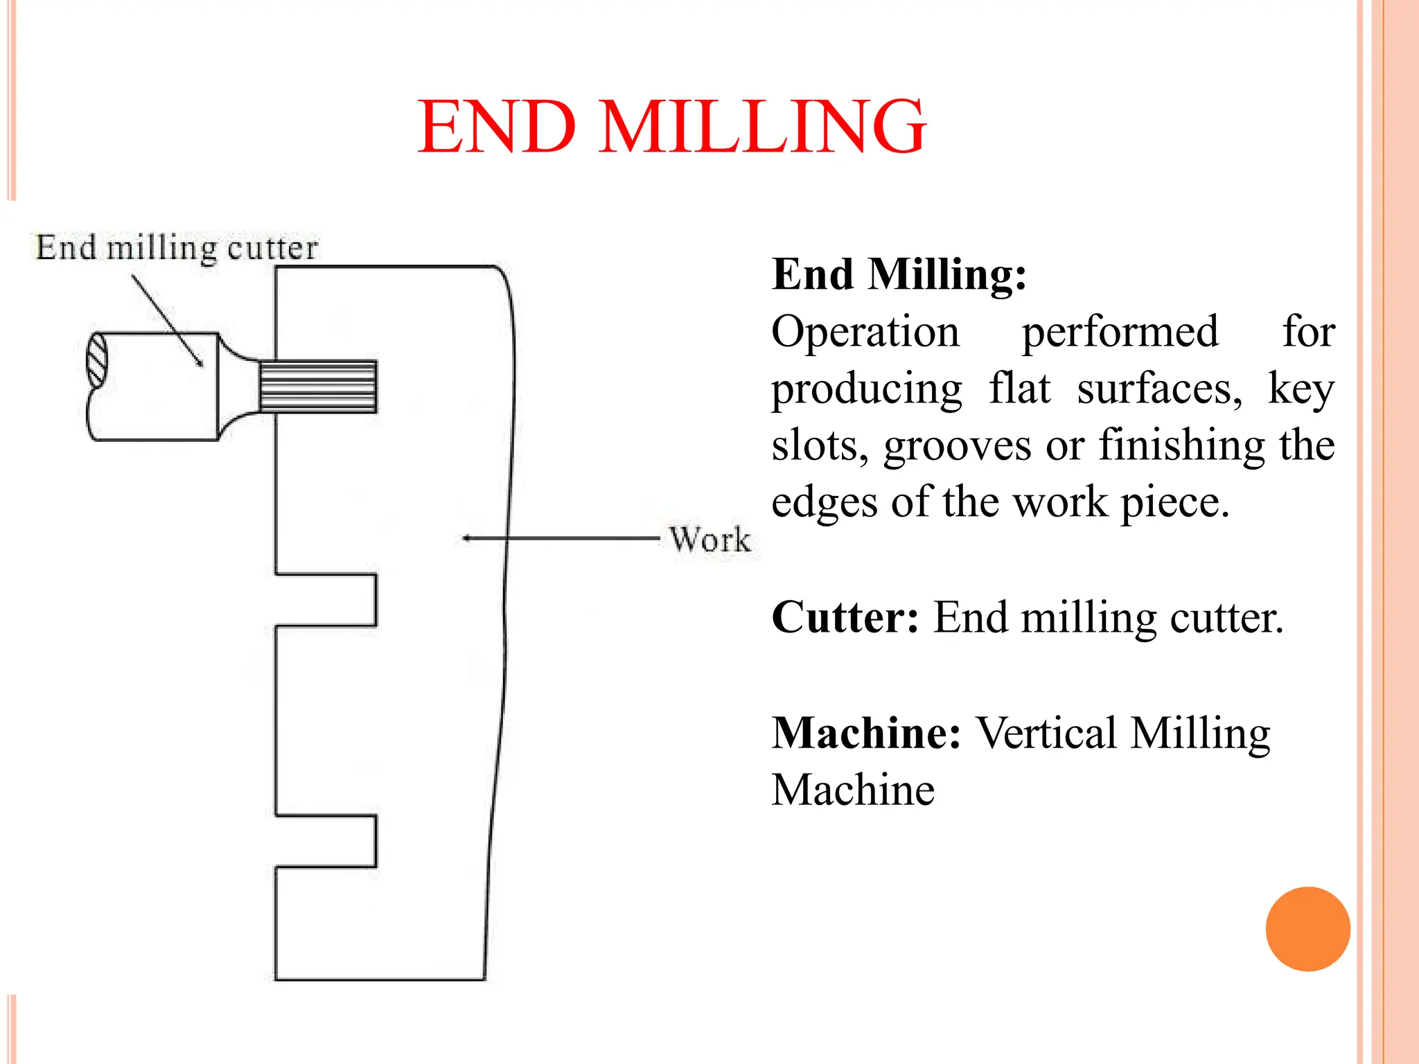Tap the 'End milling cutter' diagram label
[177, 248]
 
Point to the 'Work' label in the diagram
[709, 540]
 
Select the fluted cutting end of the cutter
[318, 387]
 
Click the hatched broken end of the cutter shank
[97, 361]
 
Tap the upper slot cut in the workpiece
[326, 600]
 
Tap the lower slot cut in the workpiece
[326, 841]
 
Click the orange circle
[1307, 929]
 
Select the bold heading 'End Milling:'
[899, 274]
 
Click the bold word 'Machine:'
[866, 733]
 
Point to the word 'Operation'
[865, 332]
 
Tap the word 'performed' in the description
[1120, 332]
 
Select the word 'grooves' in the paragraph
[957, 445]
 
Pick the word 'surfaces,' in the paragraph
[1160, 389]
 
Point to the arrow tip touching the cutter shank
[201, 364]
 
